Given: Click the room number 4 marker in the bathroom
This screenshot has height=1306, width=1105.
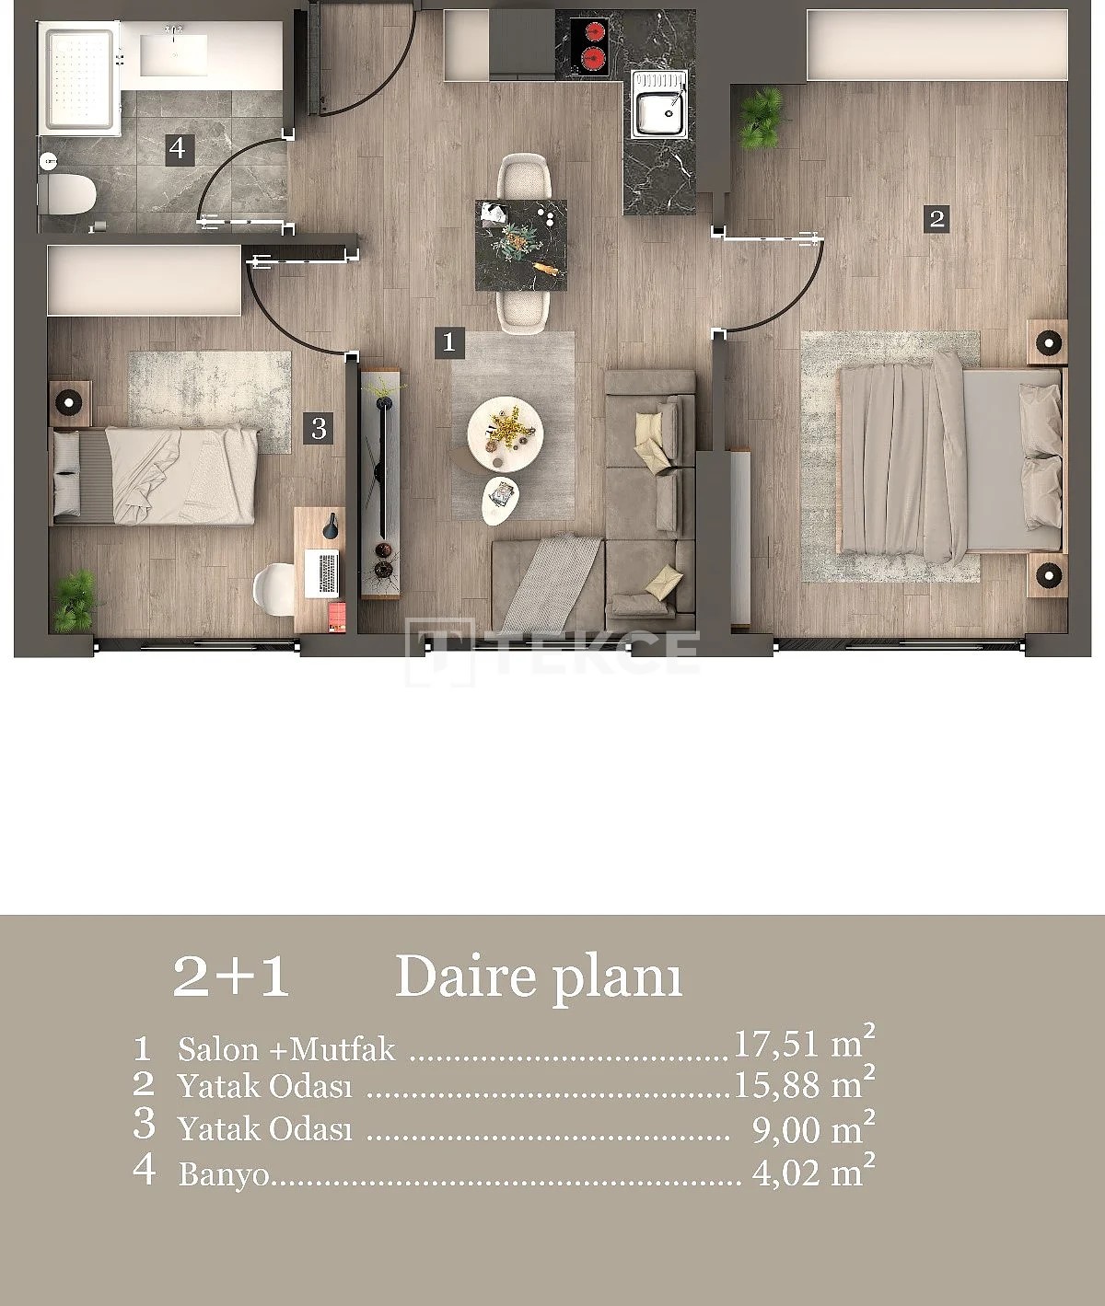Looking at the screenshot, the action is click(x=178, y=149).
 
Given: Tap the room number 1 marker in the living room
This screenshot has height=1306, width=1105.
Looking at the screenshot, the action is click(x=449, y=343).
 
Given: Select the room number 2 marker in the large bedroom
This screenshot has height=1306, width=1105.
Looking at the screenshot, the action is click(x=936, y=219).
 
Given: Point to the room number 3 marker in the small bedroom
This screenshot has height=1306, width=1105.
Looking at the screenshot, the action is click(x=318, y=429).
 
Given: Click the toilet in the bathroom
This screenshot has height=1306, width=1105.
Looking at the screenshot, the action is click(x=67, y=194).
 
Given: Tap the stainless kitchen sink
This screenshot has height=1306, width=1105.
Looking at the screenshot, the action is click(x=659, y=104).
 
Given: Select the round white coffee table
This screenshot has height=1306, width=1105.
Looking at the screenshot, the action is click(x=505, y=434).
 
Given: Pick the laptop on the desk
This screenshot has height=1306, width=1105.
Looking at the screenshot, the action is click(x=321, y=574).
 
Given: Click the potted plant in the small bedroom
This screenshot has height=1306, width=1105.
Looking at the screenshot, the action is click(x=74, y=601).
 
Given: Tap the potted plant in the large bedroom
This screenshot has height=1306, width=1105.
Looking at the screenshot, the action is click(x=762, y=118).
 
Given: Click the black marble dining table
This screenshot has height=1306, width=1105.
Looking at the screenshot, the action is click(x=521, y=246).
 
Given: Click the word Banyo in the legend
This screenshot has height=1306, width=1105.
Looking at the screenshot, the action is click(x=223, y=1175).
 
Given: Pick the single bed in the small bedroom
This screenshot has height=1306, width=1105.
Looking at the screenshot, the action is click(x=155, y=477).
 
